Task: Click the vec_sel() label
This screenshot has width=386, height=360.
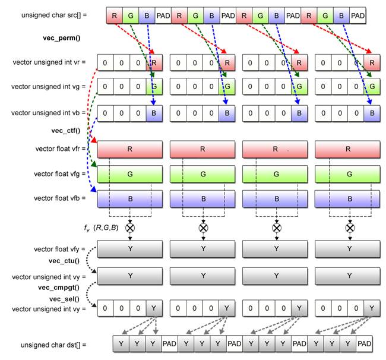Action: (65, 298)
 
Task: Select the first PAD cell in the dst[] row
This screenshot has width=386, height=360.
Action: (170, 343)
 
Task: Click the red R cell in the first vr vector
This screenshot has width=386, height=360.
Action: (154, 62)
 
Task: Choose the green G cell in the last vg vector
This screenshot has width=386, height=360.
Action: (372, 87)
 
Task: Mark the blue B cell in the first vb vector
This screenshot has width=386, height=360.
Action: (154, 113)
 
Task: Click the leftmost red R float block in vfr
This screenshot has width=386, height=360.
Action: (130, 149)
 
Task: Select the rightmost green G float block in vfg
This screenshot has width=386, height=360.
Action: (348, 174)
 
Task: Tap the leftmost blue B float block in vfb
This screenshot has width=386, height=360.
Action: (130, 199)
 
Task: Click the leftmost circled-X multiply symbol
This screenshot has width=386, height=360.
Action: (130, 228)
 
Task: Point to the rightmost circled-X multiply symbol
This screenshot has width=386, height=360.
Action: (350, 228)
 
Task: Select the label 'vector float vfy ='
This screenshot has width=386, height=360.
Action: (60, 249)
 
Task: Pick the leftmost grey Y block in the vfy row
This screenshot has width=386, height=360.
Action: (130, 249)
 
